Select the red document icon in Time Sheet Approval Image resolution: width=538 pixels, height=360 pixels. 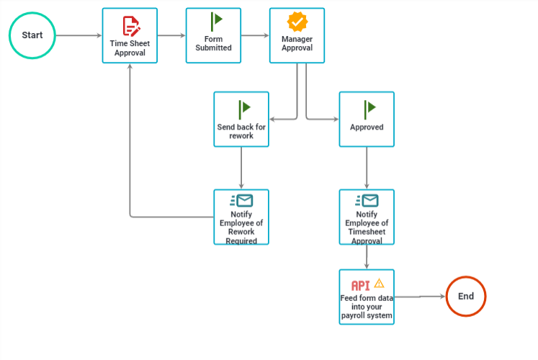point(131,26)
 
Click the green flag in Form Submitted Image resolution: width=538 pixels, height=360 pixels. point(216,22)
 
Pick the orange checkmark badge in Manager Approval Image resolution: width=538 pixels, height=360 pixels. point(297,22)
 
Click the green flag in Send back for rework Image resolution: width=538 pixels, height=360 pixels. point(244,109)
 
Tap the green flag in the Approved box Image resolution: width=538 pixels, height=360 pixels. point(369,109)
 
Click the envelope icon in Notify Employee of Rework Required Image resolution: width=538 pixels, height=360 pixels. point(241,201)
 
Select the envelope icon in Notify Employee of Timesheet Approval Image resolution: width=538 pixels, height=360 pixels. point(367,201)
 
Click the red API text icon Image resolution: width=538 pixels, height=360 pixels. point(361,286)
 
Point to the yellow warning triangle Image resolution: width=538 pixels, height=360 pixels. point(379,283)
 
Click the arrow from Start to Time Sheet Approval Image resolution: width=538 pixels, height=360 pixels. point(79,35)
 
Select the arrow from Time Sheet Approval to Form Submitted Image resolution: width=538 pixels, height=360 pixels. point(171,35)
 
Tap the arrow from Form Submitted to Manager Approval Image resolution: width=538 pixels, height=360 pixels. point(255,35)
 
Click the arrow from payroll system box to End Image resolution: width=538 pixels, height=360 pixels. point(420,297)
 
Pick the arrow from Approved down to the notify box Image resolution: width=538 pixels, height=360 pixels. point(367,168)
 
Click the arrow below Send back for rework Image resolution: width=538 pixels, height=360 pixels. point(241,168)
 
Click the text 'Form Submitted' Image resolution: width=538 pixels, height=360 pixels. point(213,43)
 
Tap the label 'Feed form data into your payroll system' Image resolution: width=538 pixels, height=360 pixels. point(367,307)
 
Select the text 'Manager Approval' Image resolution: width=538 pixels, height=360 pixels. point(297,43)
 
